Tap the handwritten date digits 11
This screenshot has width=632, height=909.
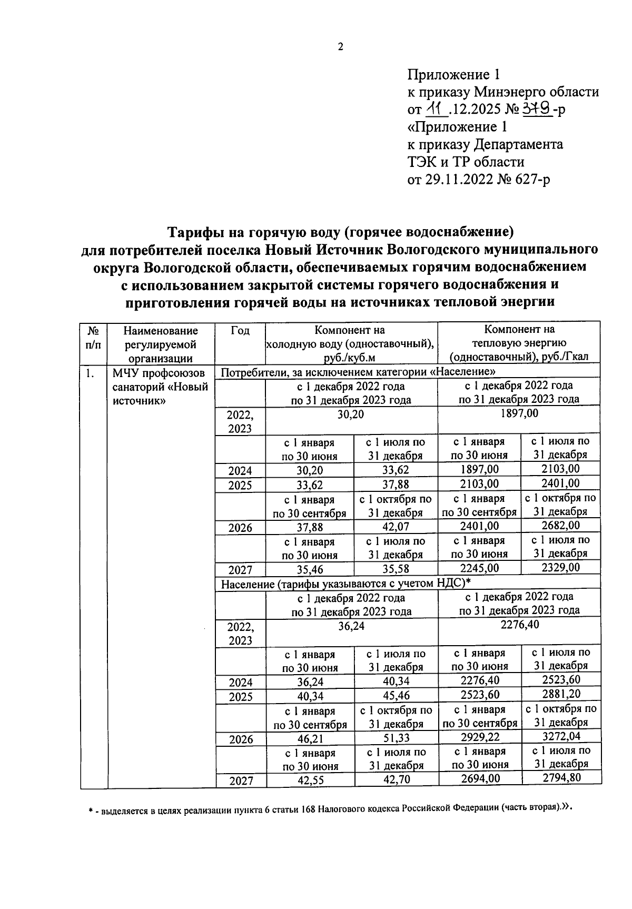click(x=436, y=109)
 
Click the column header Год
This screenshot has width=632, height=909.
click(x=240, y=331)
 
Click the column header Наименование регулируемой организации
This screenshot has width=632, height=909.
click(x=161, y=344)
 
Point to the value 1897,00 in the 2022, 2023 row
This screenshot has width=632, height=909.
click(x=520, y=413)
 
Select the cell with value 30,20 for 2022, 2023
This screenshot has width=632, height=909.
click(x=351, y=414)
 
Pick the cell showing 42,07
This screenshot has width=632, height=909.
click(x=396, y=527)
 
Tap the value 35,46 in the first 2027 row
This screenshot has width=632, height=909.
click(x=310, y=569)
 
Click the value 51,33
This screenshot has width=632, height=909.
click(x=396, y=738)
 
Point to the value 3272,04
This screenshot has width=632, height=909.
click(x=561, y=736)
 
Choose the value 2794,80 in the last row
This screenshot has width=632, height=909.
click(x=561, y=778)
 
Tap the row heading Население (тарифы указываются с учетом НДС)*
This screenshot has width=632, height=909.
click(x=345, y=583)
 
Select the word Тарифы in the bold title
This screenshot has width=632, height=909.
click(x=191, y=232)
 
